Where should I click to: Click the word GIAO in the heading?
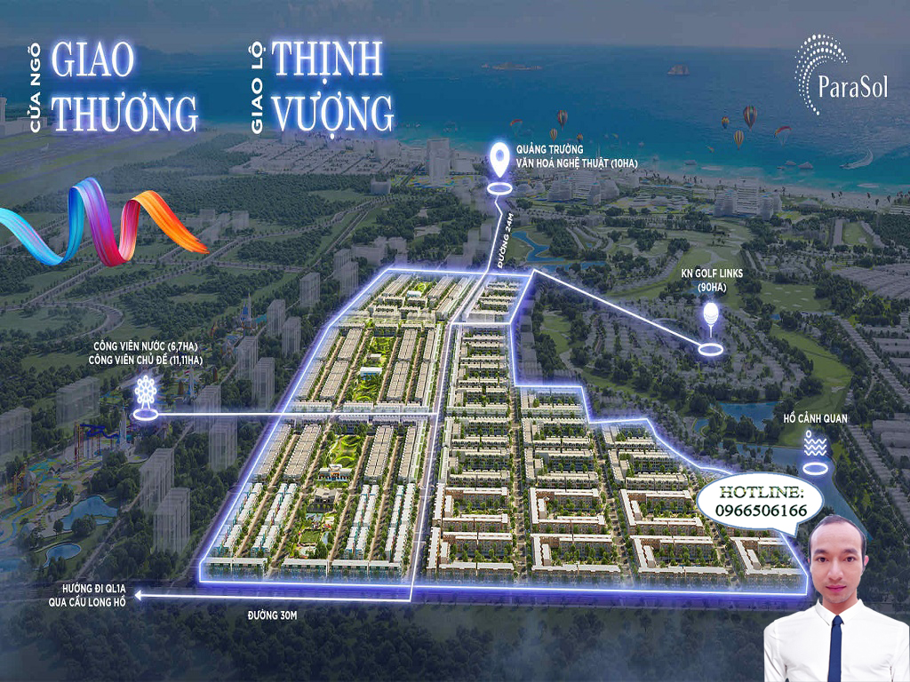coord(94,59)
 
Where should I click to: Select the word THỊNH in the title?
coord(327,59)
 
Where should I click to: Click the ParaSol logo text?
coord(850,88)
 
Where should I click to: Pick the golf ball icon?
coord(710,315)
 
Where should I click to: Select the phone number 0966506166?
coord(759,511)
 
